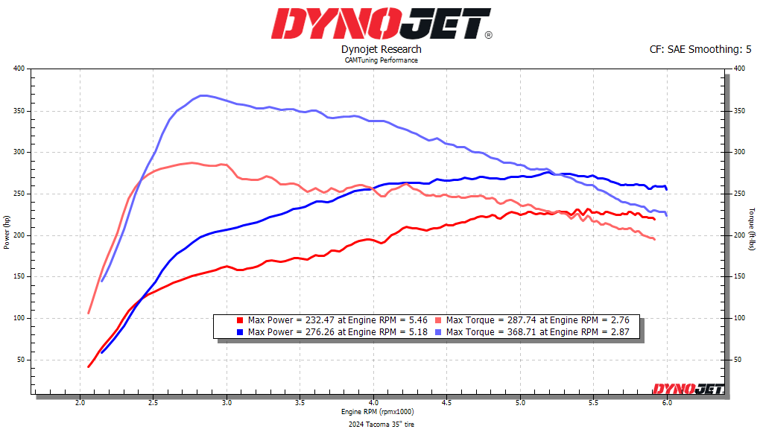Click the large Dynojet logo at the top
coord(381,24)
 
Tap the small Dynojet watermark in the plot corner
coord(684,388)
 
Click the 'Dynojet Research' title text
coord(381,49)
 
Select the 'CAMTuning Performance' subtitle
coord(381,60)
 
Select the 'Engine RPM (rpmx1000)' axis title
coord(378,411)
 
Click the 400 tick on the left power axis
coord(19,69)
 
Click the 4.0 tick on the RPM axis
coord(373,402)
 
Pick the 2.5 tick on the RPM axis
coord(153,402)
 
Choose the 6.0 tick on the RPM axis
coord(667,402)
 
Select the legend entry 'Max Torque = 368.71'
coord(537,331)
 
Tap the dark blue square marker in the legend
coord(240,331)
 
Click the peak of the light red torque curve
coord(191,162)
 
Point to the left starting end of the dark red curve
coord(89,366)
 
